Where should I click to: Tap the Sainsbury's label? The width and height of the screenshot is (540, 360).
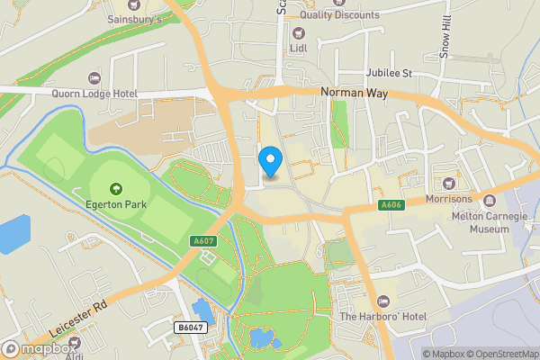pyautogui.click(x=134, y=18)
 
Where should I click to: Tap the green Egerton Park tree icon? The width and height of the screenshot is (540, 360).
pyautogui.click(x=115, y=189)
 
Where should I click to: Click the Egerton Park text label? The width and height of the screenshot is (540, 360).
pyautogui.click(x=115, y=204)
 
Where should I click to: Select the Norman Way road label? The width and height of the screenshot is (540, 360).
pyautogui.click(x=353, y=92)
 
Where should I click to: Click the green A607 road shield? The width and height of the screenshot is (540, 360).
pyautogui.click(x=203, y=240)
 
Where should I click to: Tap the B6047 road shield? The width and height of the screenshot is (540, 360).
pyautogui.click(x=188, y=329)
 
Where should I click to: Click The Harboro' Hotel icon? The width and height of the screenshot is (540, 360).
pyautogui.click(x=382, y=300)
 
